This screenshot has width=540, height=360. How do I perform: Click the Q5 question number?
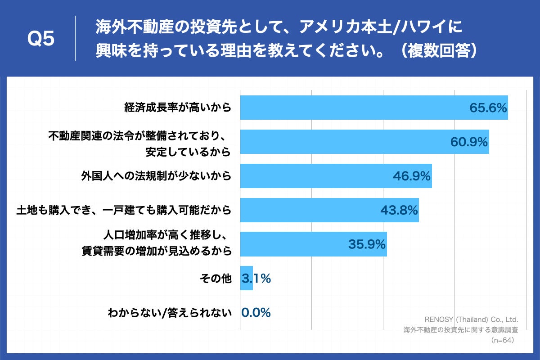(x=41, y=39)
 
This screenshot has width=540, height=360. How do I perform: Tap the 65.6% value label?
(x=488, y=108)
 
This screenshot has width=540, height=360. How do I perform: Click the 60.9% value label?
(x=469, y=142)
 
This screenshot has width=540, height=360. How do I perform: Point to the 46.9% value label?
(x=412, y=176)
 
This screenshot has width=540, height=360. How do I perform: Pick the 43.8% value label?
(x=399, y=210)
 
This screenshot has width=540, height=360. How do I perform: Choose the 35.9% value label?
(x=367, y=244)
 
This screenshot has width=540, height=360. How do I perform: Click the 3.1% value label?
(x=256, y=279)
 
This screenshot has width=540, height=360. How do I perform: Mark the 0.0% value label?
(x=256, y=313)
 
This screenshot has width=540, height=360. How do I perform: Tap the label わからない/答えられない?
(x=170, y=313)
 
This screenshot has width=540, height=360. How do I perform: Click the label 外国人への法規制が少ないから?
(x=156, y=176)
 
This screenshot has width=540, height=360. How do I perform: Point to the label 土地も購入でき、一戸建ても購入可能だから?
(x=124, y=210)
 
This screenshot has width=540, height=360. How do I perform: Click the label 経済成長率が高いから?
(x=178, y=108)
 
